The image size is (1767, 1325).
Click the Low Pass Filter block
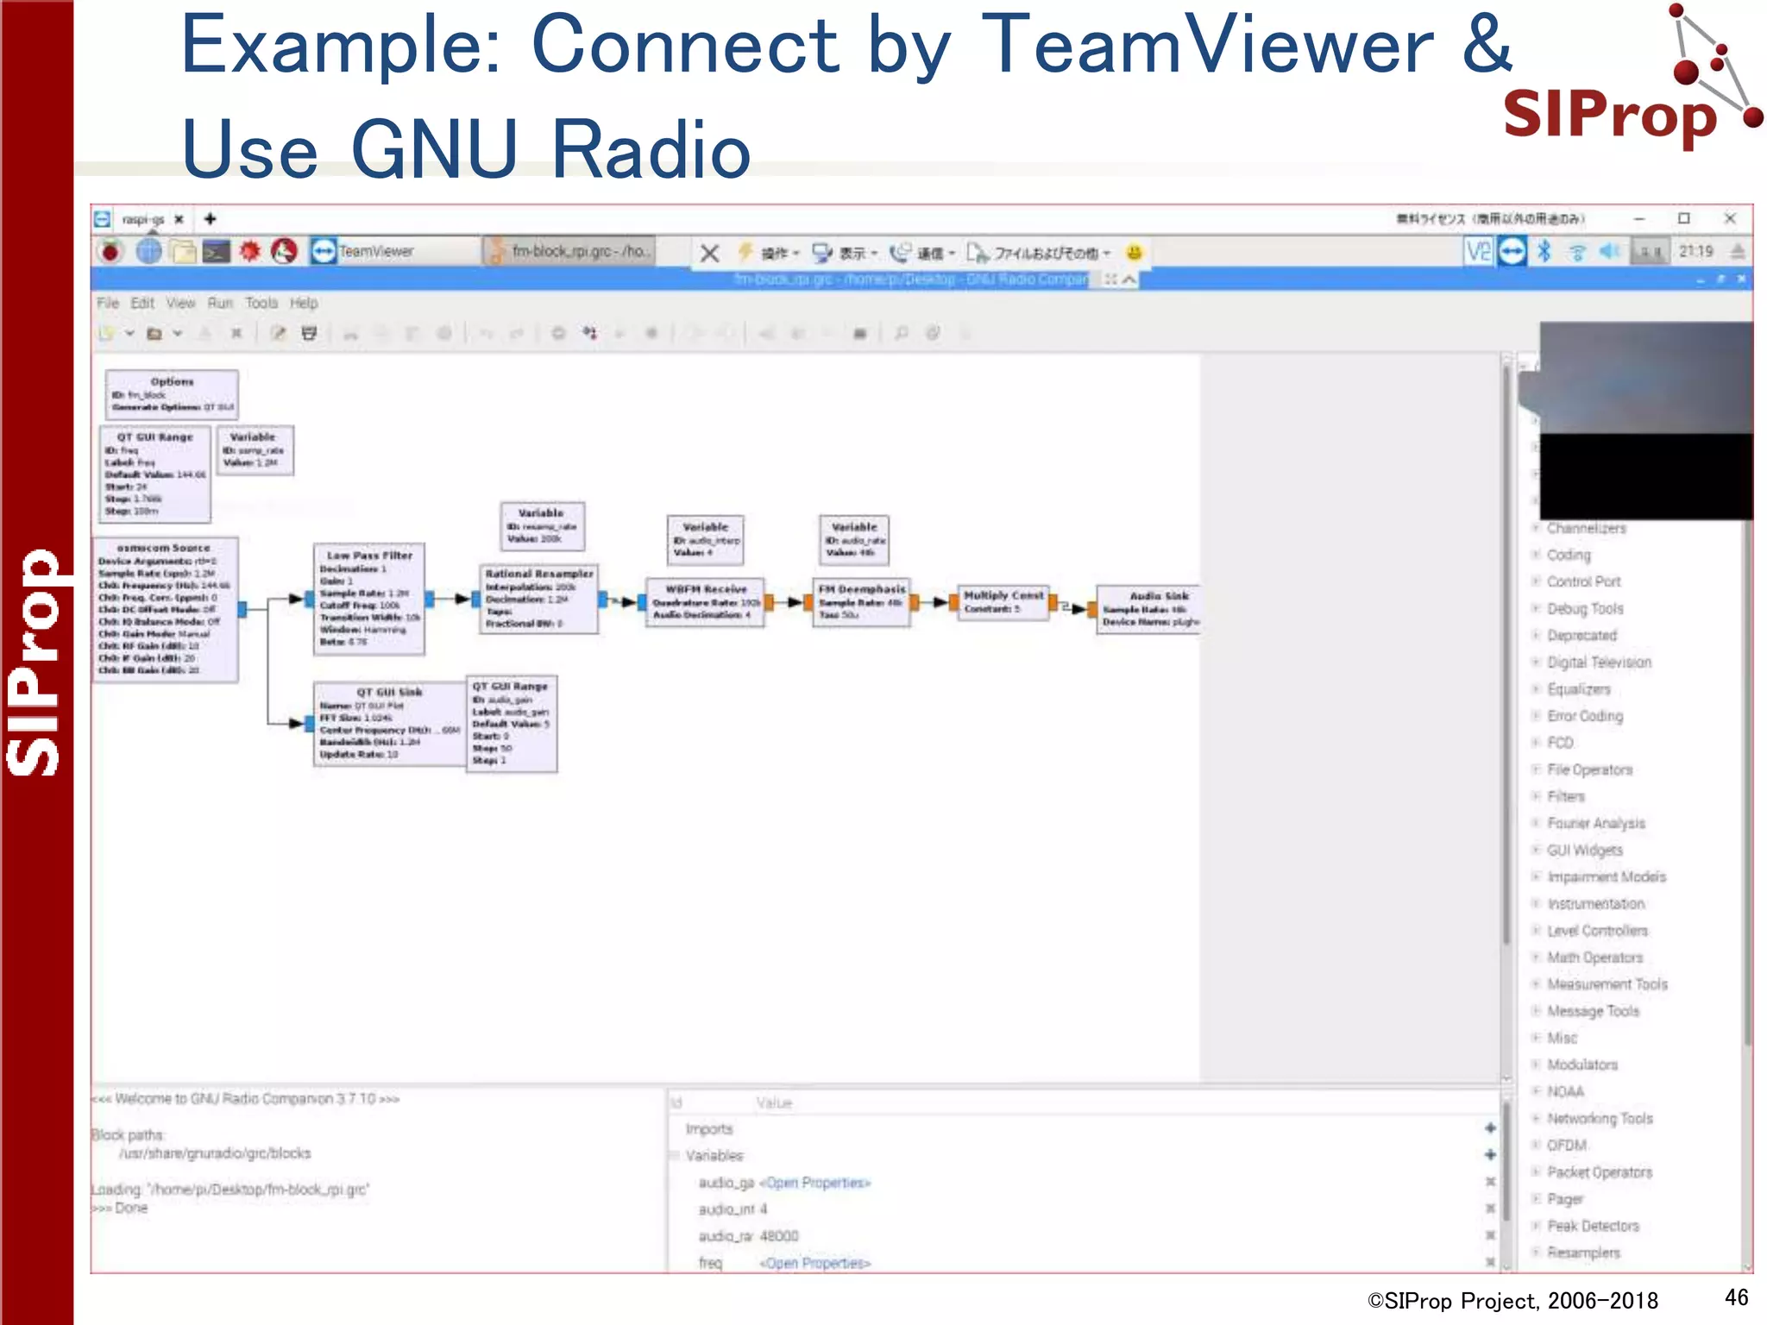[x=368, y=600]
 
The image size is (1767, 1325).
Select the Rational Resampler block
[x=539, y=599]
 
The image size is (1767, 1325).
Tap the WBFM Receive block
[x=706, y=601]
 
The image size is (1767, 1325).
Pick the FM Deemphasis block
[x=861, y=602]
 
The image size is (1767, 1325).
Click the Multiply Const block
[x=1003, y=601]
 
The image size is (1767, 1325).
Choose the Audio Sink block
[x=1149, y=608]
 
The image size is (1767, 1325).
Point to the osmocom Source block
[x=165, y=608]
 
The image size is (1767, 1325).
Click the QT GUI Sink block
[x=389, y=724]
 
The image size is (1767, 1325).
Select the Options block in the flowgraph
[x=172, y=394]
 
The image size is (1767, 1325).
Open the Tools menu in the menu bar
[x=261, y=303]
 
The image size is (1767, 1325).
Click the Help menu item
[x=304, y=303]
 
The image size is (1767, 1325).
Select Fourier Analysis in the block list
[x=1595, y=823]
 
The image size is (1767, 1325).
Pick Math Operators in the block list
[x=1594, y=958]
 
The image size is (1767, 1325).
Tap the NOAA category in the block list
[x=1565, y=1091]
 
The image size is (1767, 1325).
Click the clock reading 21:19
[x=1695, y=251]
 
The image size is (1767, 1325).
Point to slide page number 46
[x=1736, y=1297]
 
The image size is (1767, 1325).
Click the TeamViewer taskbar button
[x=375, y=251]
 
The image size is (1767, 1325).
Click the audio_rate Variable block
[x=854, y=539]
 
